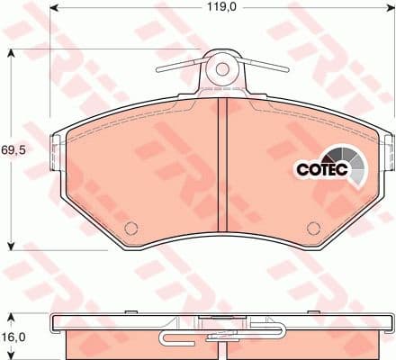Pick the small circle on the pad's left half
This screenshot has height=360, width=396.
[130, 226]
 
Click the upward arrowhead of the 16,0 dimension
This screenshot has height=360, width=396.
[11, 317]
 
